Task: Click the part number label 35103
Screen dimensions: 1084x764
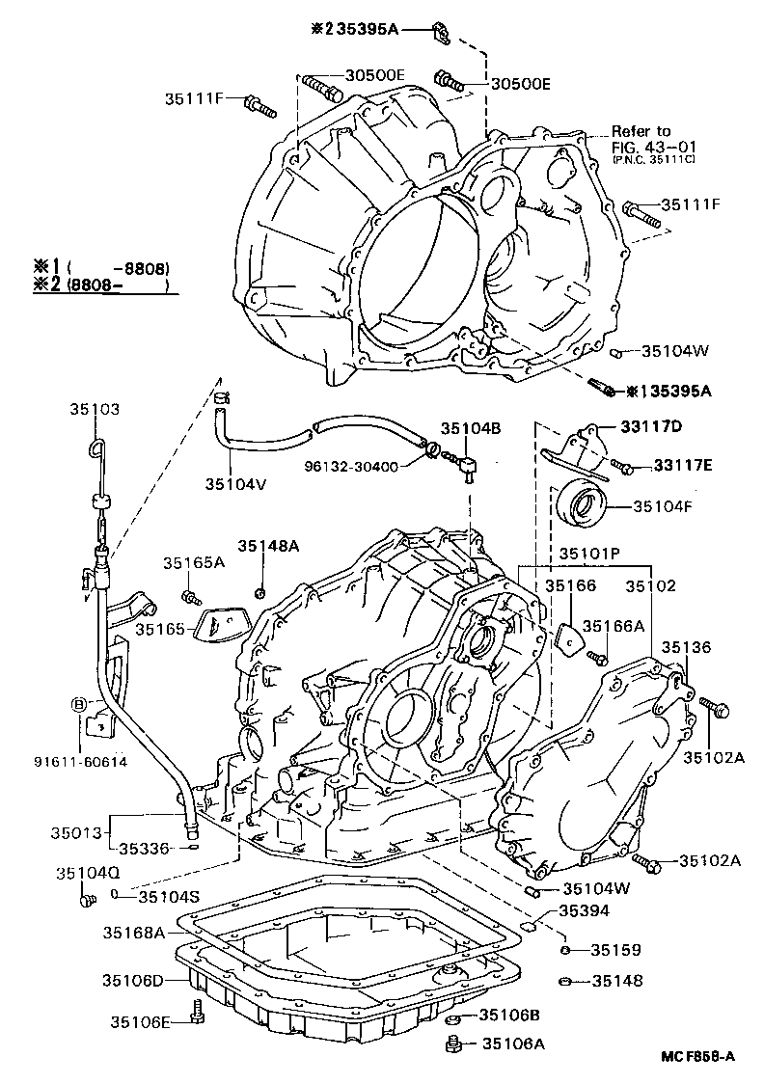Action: coord(94,409)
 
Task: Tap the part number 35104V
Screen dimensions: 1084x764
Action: coord(234,483)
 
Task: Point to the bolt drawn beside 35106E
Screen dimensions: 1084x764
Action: coord(197,1014)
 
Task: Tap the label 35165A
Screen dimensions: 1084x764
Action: coord(193,562)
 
